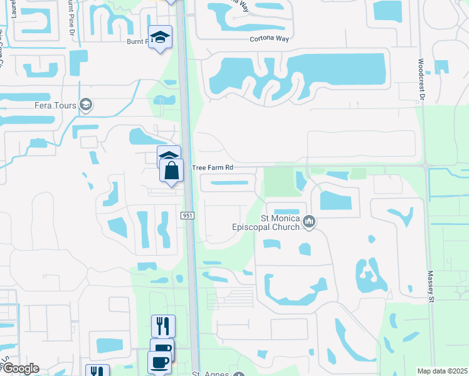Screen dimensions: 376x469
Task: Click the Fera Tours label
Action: (55, 105)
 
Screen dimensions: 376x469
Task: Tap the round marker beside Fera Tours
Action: (87, 105)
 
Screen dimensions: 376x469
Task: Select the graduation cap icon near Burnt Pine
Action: (160, 36)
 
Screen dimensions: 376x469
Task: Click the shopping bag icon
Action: (171, 171)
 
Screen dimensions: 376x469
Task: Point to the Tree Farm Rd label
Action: (213, 168)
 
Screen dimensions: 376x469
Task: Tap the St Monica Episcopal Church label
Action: (280, 222)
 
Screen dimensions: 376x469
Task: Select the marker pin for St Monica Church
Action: (308, 221)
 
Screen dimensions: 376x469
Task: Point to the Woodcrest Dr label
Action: (421, 80)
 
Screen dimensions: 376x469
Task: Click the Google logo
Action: (20, 368)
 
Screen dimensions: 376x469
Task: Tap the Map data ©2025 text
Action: (441, 371)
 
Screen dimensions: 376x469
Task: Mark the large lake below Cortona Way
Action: (339, 72)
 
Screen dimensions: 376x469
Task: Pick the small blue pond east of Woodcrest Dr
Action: (441, 67)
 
